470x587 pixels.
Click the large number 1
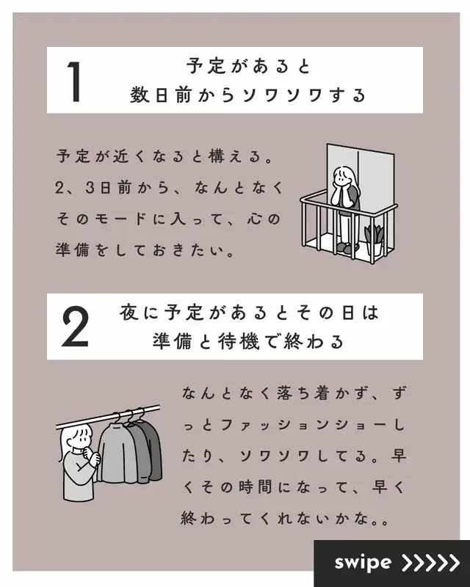[x=75, y=81]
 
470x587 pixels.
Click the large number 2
[x=75, y=327]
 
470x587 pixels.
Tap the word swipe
[x=363, y=563]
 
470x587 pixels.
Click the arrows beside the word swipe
[x=430, y=562]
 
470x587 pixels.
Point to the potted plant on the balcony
[x=374, y=241]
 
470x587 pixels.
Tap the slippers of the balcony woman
[x=347, y=247]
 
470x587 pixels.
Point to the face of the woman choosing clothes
[x=80, y=439]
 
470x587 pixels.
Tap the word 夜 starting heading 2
[x=129, y=313]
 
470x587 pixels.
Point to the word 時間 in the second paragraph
[x=255, y=487]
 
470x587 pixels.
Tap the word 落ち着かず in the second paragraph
[x=320, y=393]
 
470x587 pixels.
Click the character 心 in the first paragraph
[x=255, y=219]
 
